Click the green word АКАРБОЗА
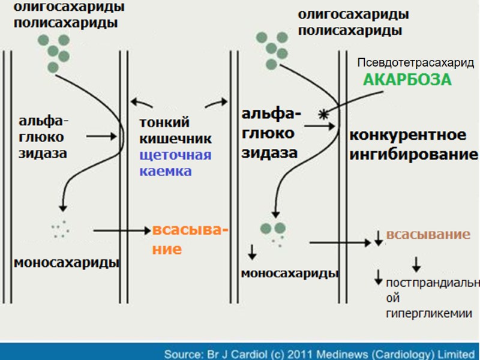[407, 80]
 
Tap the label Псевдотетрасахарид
[415, 63]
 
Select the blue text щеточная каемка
[175, 163]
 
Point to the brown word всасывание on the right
[428, 235]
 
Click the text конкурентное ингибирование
[413, 145]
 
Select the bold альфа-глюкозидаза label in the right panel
[270, 133]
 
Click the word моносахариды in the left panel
[65, 263]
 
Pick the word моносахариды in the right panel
[290, 274]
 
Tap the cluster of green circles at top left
[54, 52]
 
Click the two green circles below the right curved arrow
[272, 228]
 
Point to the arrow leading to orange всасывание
[120, 229]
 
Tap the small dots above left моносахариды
[59, 229]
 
